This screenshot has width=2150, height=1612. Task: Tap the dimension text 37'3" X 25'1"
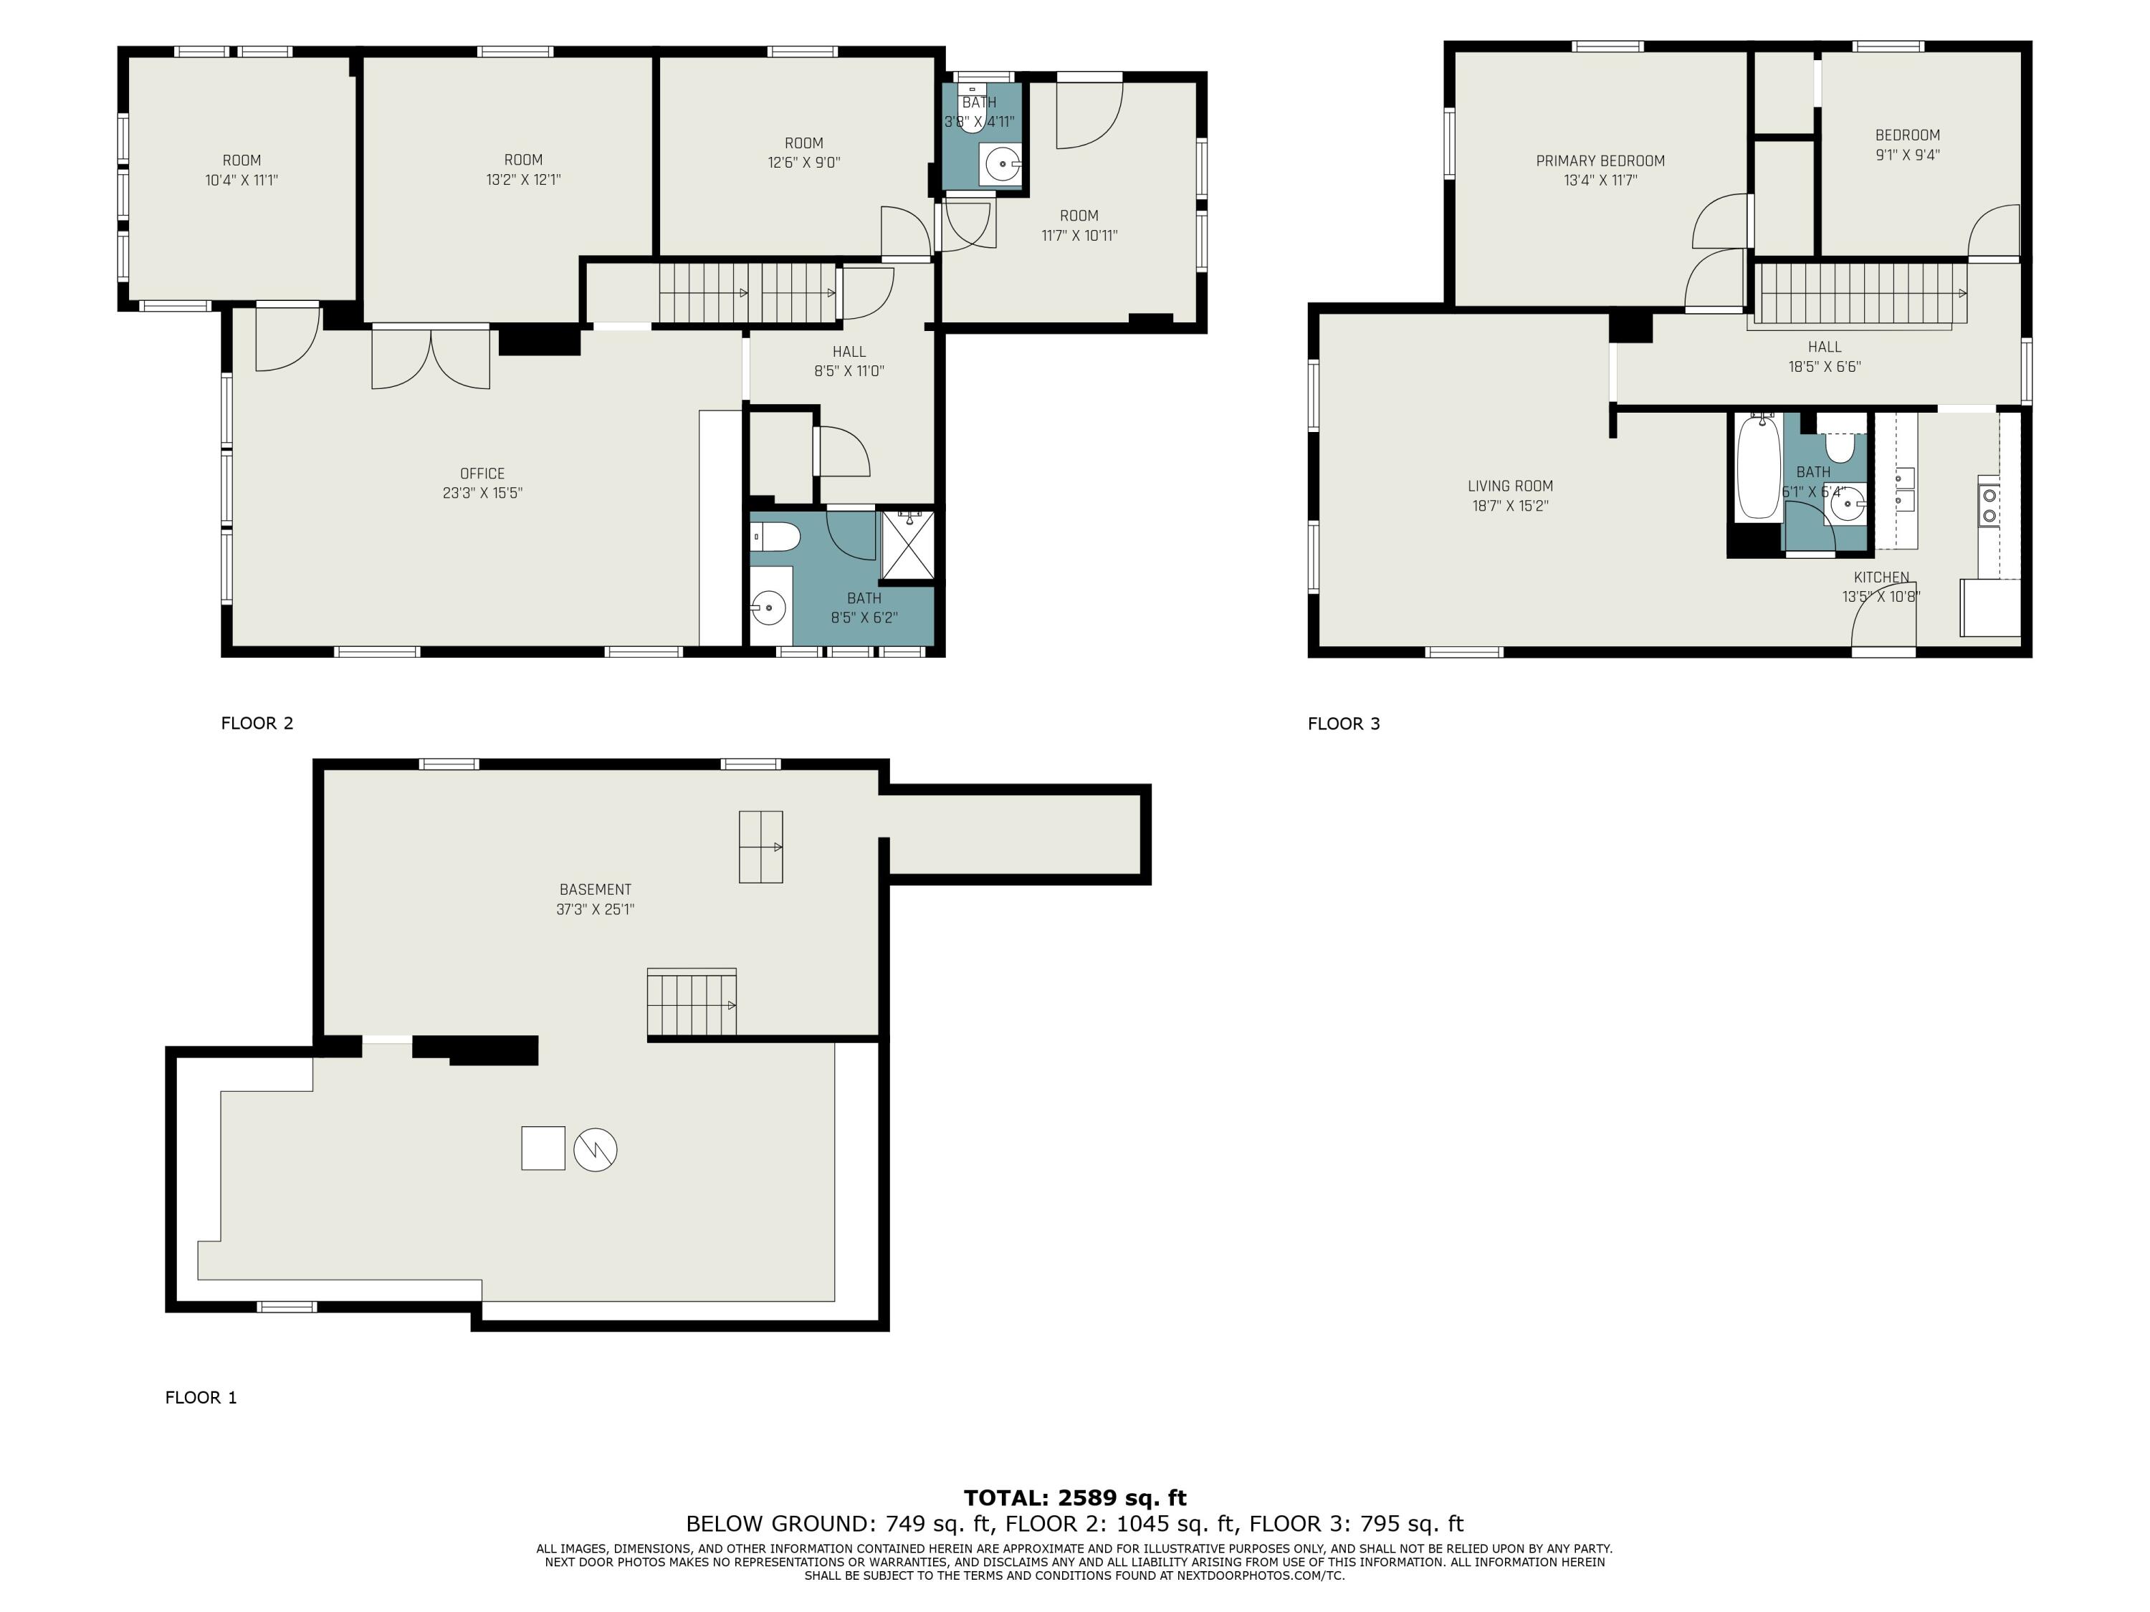(x=595, y=909)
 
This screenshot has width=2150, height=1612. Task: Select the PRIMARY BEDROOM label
(x=1600, y=160)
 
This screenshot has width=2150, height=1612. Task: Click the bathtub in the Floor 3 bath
(x=1758, y=467)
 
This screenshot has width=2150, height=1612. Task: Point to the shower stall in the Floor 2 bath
(x=907, y=545)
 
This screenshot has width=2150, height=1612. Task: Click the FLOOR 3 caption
(x=1343, y=723)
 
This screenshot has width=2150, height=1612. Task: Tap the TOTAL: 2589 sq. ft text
(x=1074, y=1497)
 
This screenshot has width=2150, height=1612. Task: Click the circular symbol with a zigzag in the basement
(x=595, y=1149)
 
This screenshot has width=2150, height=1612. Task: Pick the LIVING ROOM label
(x=1509, y=486)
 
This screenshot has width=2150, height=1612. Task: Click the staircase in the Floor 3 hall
(x=1859, y=294)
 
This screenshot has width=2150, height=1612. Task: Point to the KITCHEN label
(x=1881, y=577)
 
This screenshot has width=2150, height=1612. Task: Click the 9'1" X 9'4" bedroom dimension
(x=1907, y=155)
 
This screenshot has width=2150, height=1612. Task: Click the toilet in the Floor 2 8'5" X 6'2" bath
(x=778, y=535)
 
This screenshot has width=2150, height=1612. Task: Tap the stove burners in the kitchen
(x=1989, y=507)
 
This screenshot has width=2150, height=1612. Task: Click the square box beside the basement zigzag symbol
(x=543, y=1148)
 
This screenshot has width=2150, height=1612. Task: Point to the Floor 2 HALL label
(x=849, y=352)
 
